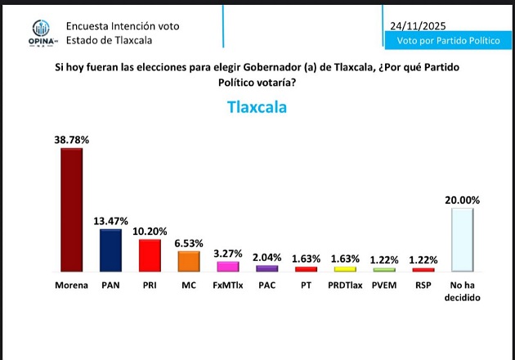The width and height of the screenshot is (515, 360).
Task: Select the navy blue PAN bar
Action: pyautogui.click(x=110, y=250)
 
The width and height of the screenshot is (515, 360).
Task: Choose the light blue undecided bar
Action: pyautogui.click(x=462, y=239)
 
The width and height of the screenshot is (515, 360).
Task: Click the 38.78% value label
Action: pyautogui.click(x=71, y=141)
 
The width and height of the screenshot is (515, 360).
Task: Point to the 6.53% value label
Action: pyautogui.click(x=189, y=244)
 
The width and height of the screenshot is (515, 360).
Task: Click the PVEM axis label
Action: pyautogui.click(x=383, y=286)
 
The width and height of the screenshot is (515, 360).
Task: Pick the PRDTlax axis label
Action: pyautogui.click(x=345, y=286)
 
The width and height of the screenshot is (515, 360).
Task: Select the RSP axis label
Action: pyautogui.click(x=423, y=286)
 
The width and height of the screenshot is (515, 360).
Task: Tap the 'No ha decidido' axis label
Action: pyautogui.click(x=462, y=292)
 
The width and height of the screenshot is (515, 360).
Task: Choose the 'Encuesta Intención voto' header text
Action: pyautogui.click(x=123, y=26)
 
